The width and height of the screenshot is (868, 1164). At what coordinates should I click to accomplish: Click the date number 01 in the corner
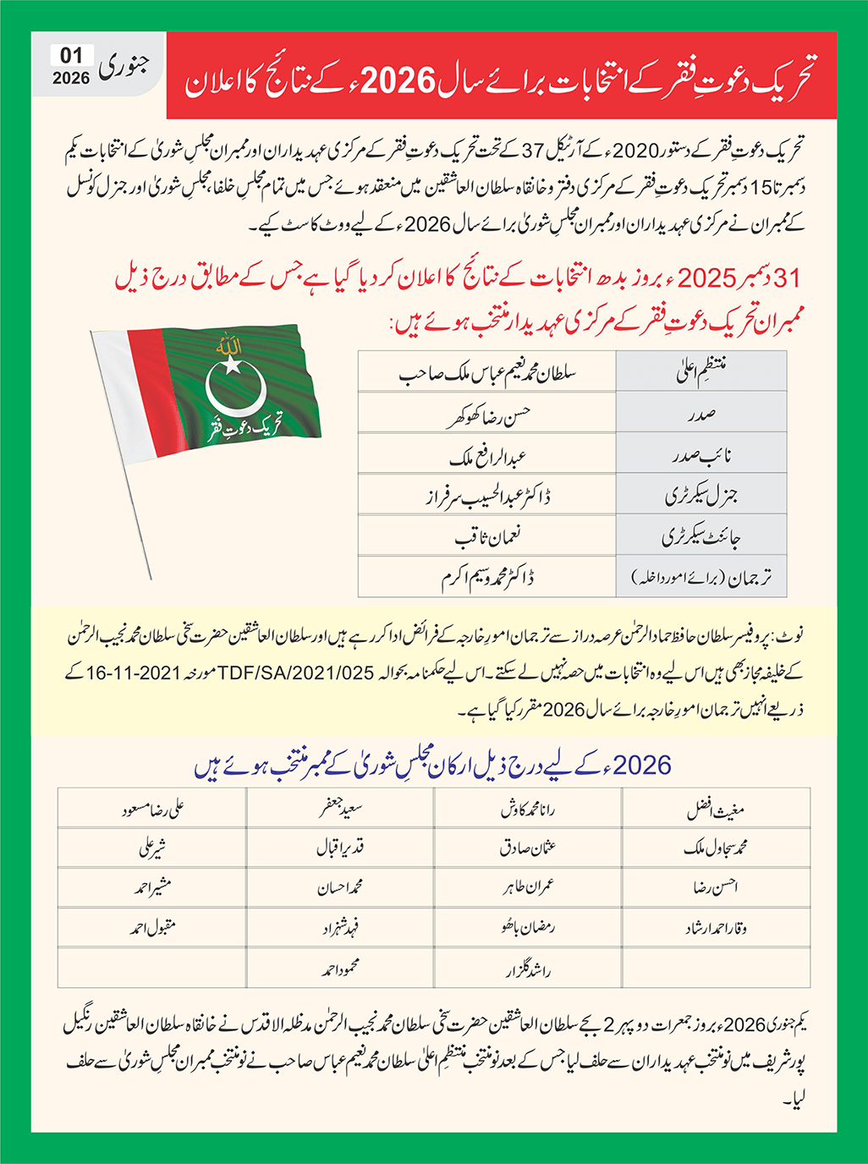tap(71, 56)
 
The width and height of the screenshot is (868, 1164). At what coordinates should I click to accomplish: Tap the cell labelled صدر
tap(700, 414)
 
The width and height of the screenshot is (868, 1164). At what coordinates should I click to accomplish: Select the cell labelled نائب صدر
tap(700, 455)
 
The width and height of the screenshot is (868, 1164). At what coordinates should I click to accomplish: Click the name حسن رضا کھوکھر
tap(487, 414)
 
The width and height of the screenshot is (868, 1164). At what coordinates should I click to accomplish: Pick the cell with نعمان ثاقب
tap(487, 537)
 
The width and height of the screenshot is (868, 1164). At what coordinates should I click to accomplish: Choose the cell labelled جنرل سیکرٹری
tap(700, 496)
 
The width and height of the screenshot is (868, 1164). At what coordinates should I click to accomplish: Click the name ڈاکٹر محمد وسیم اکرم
tap(487, 578)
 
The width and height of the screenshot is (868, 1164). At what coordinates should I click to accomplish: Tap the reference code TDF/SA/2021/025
tap(296, 673)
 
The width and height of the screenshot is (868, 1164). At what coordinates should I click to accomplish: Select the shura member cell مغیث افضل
tap(715, 809)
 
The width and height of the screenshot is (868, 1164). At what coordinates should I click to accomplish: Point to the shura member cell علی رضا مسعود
tap(152, 809)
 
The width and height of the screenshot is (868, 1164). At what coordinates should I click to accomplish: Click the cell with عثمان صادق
tap(528, 848)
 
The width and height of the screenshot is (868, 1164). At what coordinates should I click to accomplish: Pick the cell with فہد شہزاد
tap(340, 928)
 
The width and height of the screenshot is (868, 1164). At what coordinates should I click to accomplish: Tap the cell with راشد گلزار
tap(528, 969)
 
